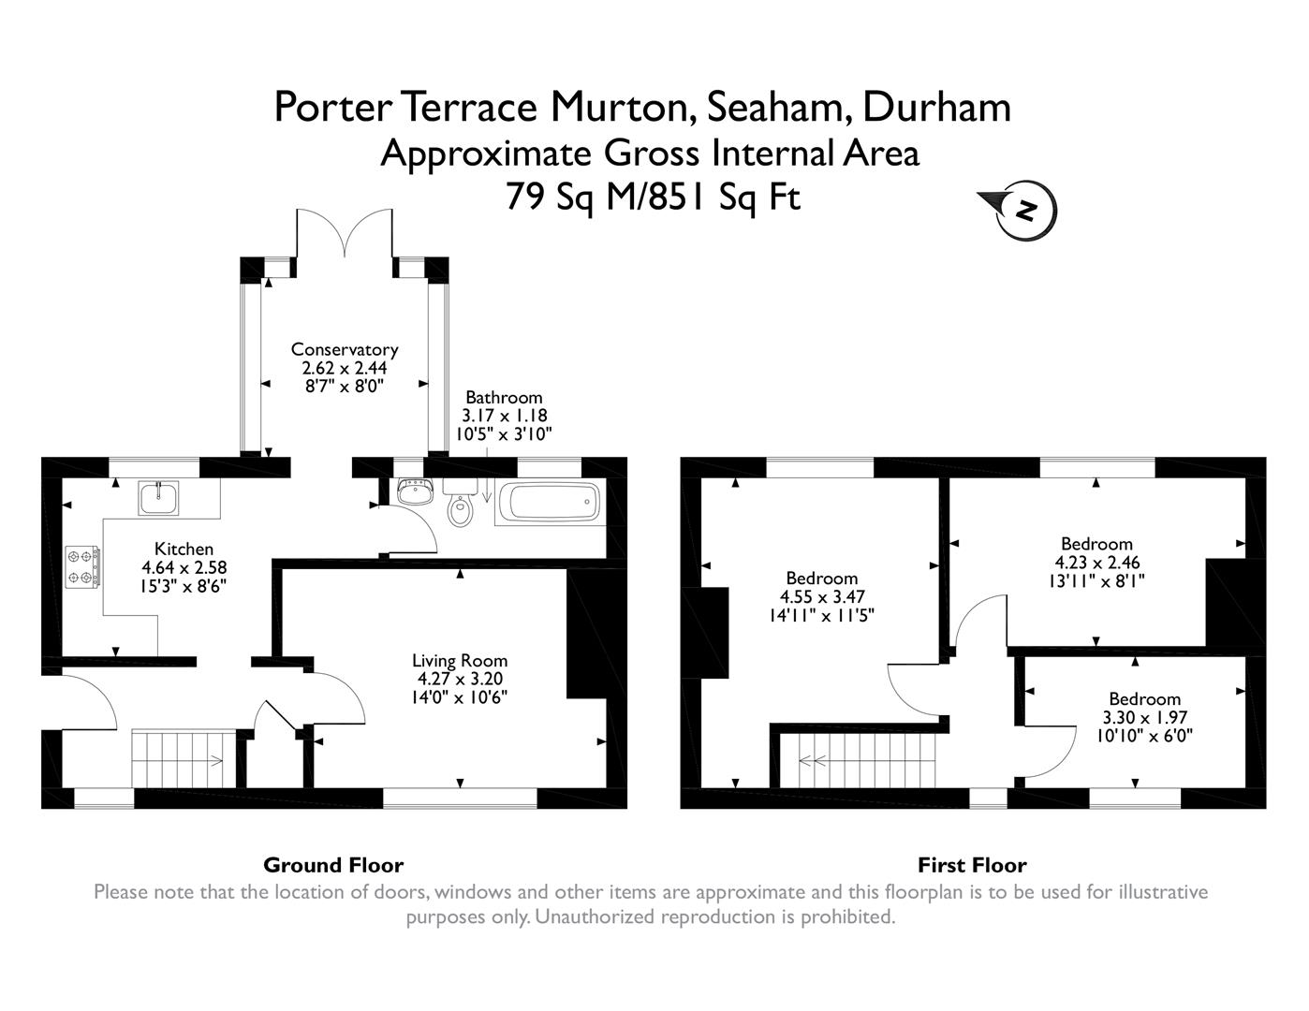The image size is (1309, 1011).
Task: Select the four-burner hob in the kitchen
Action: coord(82,567)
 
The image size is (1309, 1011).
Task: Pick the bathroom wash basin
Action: coord(413,491)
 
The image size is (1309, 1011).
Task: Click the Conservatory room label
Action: coord(345,349)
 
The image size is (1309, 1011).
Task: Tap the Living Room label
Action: coord(463,661)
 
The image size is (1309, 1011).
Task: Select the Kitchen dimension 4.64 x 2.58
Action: coord(184,567)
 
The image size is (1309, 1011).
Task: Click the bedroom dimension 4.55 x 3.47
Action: coord(822,596)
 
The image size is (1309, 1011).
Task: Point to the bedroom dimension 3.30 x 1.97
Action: coord(1144,717)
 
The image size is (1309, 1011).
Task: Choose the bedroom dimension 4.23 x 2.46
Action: coord(1096,563)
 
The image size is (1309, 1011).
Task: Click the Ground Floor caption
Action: coord(333,865)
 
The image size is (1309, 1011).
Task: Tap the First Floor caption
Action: coord(972,865)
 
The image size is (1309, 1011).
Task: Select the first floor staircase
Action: coord(867,760)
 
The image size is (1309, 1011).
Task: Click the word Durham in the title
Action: coord(936,107)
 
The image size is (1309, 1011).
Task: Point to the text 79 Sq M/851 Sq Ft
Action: coord(654,197)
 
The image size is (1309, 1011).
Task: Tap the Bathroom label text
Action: coord(504,397)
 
